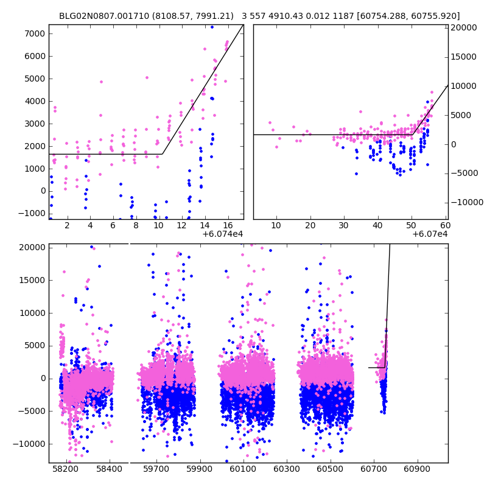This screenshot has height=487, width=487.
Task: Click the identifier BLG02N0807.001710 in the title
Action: point(97,16)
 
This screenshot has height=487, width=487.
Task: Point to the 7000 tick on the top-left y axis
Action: point(35,33)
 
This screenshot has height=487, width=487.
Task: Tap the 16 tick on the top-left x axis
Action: point(227,225)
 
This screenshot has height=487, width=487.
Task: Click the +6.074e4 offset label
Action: point(222,234)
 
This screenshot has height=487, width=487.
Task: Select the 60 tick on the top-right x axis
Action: point(444,225)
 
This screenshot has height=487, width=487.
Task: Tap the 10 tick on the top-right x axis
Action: point(276,225)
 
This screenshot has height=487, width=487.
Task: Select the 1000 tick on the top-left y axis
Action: point(35,169)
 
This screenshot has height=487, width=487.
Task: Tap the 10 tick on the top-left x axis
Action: point(158,225)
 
